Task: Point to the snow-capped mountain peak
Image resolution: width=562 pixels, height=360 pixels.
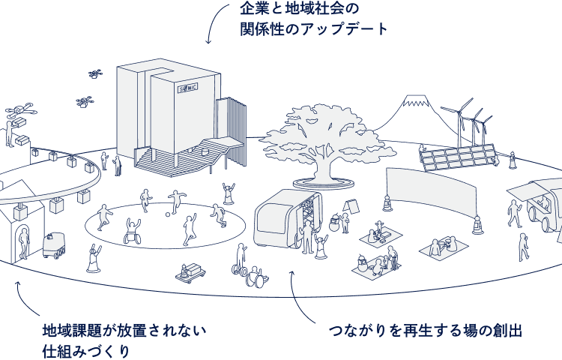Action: [409, 100]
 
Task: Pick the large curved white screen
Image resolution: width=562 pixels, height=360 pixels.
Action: [432, 191]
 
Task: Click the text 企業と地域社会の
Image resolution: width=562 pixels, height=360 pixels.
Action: [300, 10]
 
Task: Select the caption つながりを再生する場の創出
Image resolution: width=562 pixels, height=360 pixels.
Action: [425, 331]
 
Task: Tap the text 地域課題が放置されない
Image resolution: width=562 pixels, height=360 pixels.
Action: [124, 331]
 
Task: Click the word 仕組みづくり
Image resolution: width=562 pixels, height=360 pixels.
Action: [85, 350]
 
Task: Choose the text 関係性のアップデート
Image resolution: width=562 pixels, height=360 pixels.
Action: [315, 29]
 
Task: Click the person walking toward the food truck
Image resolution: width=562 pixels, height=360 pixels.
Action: [515, 212]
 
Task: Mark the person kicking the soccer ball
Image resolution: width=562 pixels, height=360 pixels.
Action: [177, 201]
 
